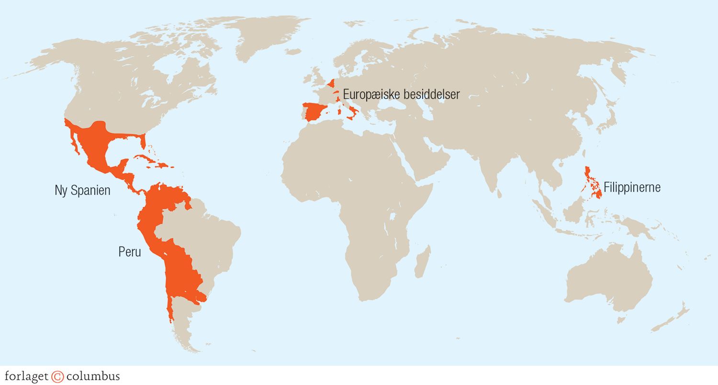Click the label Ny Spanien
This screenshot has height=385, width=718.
pyautogui.click(x=82, y=191)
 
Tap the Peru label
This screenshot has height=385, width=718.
pyautogui.click(x=130, y=252)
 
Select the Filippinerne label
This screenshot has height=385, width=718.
pyautogui.click(x=632, y=187)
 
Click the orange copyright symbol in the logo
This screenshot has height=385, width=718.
pyautogui.click(x=57, y=376)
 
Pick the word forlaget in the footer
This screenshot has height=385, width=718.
pyautogui.click(x=26, y=376)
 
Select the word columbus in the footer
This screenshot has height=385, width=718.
pyautogui.click(x=93, y=376)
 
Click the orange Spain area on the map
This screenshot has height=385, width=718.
pyautogui.click(x=314, y=112)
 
